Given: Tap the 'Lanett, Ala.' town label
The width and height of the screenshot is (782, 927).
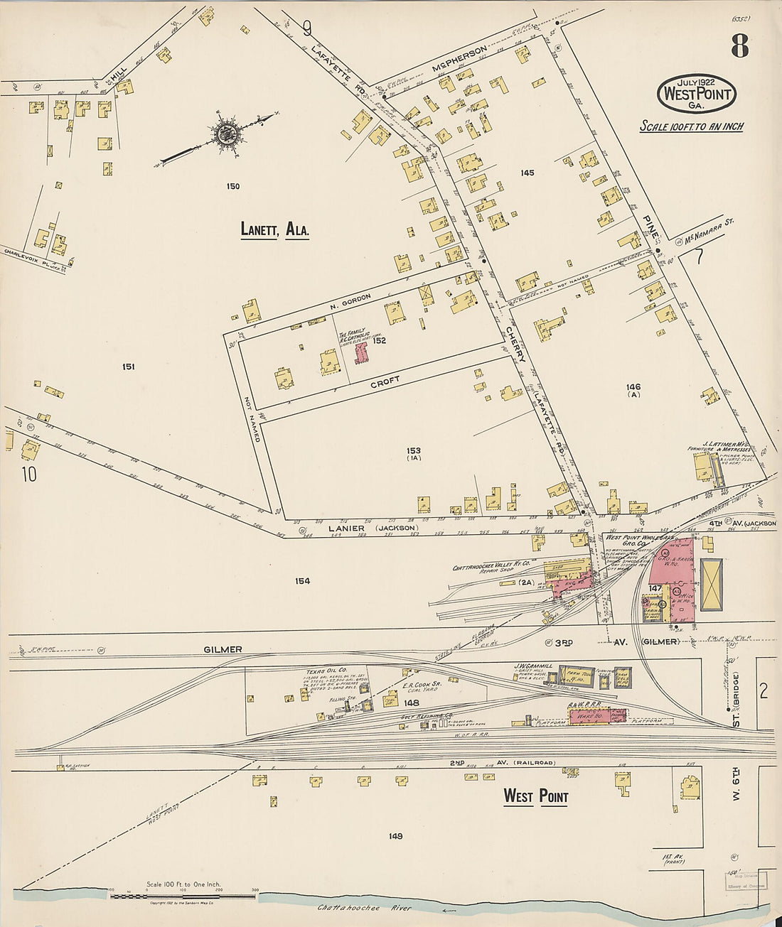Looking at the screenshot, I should click(274, 229).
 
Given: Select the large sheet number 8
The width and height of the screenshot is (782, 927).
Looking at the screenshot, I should click(739, 48).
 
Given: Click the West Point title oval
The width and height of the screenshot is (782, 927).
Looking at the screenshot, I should click(696, 93).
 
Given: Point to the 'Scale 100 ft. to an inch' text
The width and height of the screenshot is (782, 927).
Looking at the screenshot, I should click(692, 126).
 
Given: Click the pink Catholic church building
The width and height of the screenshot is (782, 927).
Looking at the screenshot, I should click(362, 353).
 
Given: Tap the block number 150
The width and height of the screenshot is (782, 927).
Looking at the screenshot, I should click(232, 187).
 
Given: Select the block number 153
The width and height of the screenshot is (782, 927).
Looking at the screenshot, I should click(414, 450).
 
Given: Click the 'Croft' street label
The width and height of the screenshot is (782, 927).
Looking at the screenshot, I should click(385, 381).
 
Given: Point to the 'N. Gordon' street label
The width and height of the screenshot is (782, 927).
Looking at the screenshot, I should click(350, 301).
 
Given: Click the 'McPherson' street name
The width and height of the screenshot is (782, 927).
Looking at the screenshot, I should click(459, 60).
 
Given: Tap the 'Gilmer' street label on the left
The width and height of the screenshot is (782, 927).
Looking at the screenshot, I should click(223, 649).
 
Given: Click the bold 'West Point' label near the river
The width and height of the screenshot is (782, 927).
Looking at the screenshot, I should click(535, 796).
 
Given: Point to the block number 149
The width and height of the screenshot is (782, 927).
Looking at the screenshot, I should click(395, 836).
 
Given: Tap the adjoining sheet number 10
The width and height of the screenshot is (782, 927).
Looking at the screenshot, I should click(28, 474).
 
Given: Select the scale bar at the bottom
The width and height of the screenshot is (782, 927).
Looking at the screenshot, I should click(183, 896).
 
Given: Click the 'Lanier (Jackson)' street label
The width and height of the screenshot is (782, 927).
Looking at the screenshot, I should click(373, 528).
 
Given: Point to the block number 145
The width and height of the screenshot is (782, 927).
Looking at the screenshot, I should click(527, 173).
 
